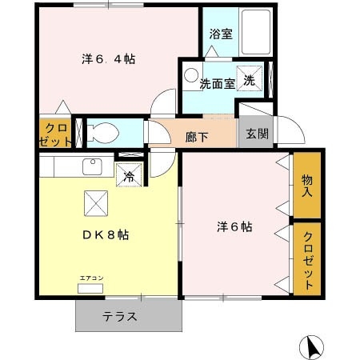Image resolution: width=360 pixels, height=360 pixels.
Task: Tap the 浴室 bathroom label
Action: pyautogui.click(x=220, y=34)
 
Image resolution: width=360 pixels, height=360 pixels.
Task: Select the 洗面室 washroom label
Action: pyautogui.click(x=217, y=83)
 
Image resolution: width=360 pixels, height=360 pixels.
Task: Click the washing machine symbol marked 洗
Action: pyautogui.click(x=250, y=79)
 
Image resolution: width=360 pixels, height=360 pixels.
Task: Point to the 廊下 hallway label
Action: pyautogui.click(x=197, y=136)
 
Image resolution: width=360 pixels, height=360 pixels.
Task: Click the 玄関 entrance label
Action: pyautogui.click(x=257, y=134)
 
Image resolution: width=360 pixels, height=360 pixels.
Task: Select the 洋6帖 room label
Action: pyautogui.click(x=234, y=226)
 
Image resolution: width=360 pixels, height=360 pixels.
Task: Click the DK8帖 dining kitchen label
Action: pyautogui.click(x=106, y=235)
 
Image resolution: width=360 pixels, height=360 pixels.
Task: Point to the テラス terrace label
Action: pyautogui.click(x=119, y=316)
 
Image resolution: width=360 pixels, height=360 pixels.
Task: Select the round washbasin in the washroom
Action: pyautogui.click(x=191, y=75)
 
